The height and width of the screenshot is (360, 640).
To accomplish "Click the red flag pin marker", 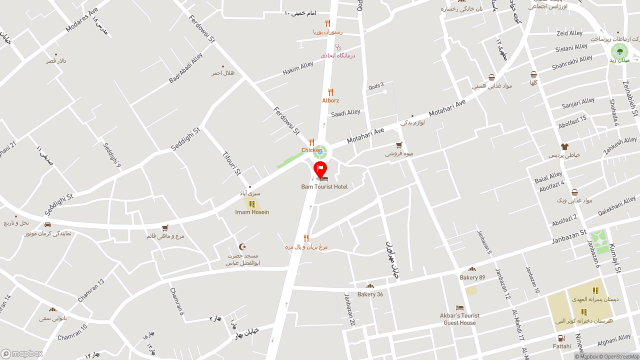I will point(320,169).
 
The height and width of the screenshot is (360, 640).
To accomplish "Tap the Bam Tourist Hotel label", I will point(324,187).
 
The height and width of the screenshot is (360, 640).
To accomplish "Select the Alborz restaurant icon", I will point(330,92).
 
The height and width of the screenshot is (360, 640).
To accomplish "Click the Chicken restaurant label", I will point(311,150).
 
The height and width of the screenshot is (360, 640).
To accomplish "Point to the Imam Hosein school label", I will point(252,212).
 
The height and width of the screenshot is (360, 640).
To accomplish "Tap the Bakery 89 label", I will point(472,277).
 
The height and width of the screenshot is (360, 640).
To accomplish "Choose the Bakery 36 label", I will point(370,294).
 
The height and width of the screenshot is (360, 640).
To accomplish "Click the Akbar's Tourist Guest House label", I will point(459,319).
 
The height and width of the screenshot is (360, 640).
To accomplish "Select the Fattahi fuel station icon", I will point(561,338).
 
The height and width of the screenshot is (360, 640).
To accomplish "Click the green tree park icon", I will point(619,50).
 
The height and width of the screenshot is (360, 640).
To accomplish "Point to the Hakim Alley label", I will point(298,68).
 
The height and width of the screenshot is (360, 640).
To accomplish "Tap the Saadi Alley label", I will point(345,113).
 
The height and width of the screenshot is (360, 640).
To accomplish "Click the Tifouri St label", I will point(232,162).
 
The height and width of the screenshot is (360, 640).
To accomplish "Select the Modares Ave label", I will point(82,20).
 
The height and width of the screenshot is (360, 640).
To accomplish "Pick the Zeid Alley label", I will point(569,33).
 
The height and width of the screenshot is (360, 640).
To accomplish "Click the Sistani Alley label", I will point(571,48).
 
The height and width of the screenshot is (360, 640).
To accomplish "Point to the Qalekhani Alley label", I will point(617,205).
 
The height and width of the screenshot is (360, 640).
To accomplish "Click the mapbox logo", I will point(22,353).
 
